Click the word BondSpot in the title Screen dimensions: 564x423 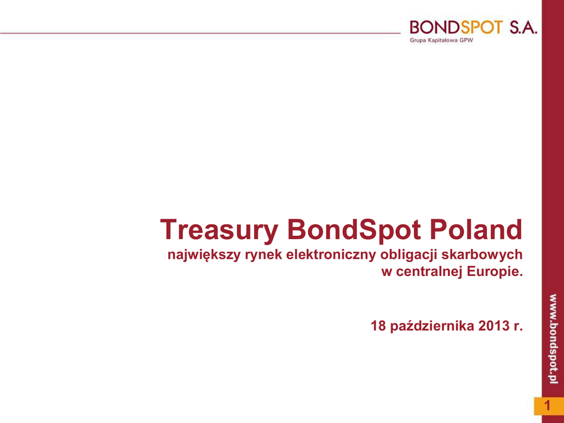pyautogui.click(x=354, y=230)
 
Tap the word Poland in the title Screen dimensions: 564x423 pyautogui.click(x=476, y=229)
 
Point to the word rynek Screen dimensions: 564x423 pyautogui.click(x=264, y=255)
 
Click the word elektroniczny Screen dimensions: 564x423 pyautogui.click(x=331, y=255)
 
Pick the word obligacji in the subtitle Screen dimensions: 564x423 pyautogui.click(x=408, y=255)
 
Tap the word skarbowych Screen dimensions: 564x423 pyautogui.click(x=481, y=254)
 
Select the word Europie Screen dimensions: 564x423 pyautogui.click(x=495, y=272)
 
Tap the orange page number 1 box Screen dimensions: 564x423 pyautogui.click(x=549, y=406)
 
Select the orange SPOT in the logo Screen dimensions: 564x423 pyautogui.click(x=480, y=27)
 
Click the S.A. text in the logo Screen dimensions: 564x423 pyautogui.click(x=523, y=28)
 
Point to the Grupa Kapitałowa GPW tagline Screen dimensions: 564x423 pyautogui.click(x=441, y=40)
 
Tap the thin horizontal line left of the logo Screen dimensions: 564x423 pyautogui.click(x=200, y=33)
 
